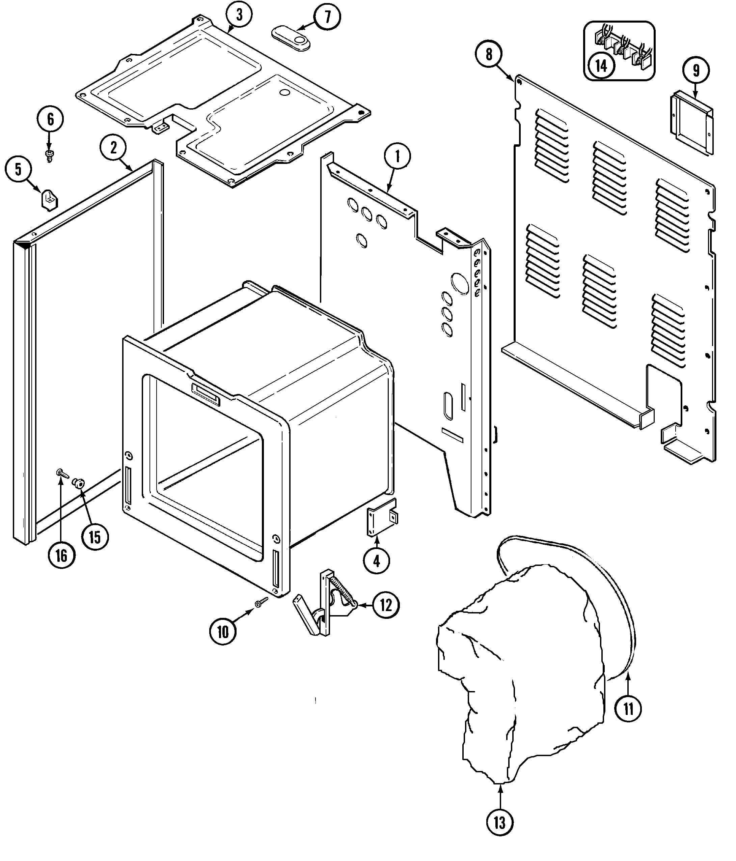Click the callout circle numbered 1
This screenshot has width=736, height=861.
397,157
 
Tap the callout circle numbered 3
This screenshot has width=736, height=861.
239,15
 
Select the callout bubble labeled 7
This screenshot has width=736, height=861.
327,18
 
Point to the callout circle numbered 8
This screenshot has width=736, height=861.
489,54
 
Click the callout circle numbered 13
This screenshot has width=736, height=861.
499,822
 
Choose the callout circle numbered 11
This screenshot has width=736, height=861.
628,709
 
